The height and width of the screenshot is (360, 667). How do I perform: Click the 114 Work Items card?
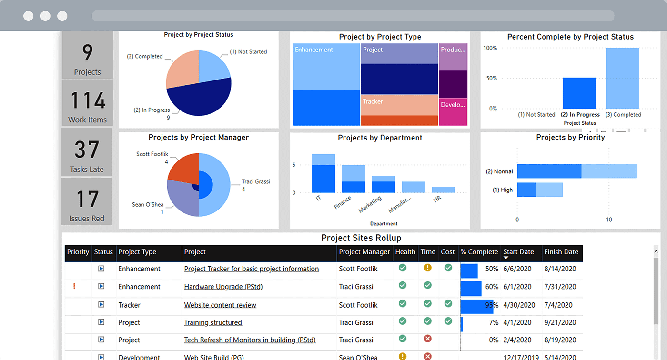pyautogui.click(x=87, y=103)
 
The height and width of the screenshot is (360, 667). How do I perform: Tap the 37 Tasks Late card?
pyautogui.click(x=87, y=153)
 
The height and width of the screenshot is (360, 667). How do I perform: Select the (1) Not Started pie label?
pyautogui.click(x=248, y=52)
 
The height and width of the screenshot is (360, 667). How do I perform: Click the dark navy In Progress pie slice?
pyautogui.click(x=200, y=98)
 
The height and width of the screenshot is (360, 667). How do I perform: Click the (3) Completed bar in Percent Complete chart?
pyautogui.click(x=622, y=78)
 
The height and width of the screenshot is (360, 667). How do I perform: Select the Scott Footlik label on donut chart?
pyautogui.click(x=152, y=154)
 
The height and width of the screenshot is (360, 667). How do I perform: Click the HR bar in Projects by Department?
pyautogui.click(x=443, y=190)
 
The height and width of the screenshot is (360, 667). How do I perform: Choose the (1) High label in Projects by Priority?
pyautogui.click(x=503, y=190)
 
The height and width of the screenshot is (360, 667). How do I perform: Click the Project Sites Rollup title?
pyautogui.click(x=361, y=238)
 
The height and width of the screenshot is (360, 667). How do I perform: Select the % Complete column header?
pyautogui.click(x=479, y=252)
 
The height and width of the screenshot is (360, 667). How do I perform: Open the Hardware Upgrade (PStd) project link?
pyautogui.click(x=223, y=287)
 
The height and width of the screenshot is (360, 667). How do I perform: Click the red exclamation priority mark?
pyautogui.click(x=74, y=287)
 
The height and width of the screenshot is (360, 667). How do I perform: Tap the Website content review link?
pyautogui.click(x=220, y=305)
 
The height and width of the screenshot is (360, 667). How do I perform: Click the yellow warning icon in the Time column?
pyautogui.click(x=427, y=268)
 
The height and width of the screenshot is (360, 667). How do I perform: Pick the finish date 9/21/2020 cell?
pyautogui.click(x=560, y=322)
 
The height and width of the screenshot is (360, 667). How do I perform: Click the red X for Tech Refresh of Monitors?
pyautogui.click(x=427, y=339)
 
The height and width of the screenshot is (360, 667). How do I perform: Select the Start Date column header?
pyautogui.click(x=518, y=252)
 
